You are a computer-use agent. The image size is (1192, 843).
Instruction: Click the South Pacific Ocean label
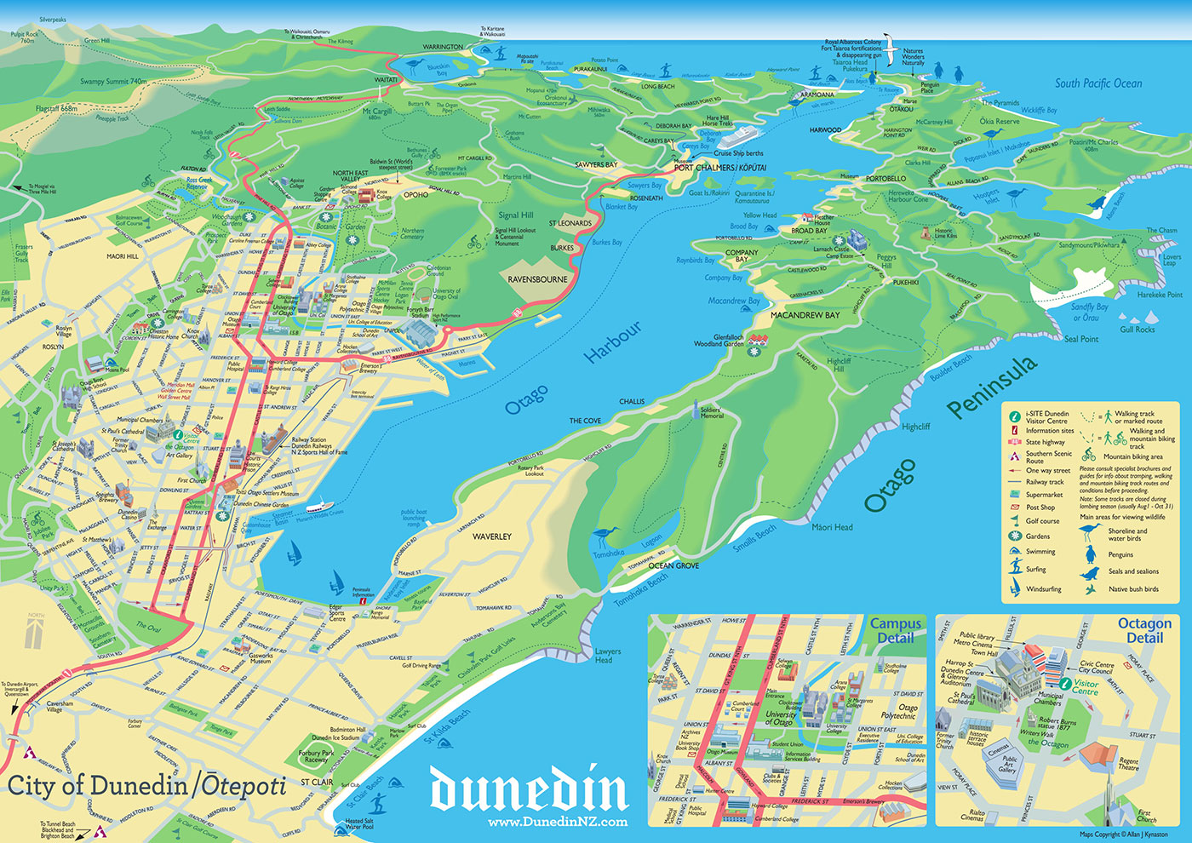click(1098, 83)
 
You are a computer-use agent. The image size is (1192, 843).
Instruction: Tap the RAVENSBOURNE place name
click(537, 279)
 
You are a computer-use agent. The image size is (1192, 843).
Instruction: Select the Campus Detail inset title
click(895, 631)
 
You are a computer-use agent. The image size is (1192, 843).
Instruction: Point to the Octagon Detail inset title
click(1143, 631)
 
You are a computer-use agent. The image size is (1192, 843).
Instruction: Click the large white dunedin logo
click(529, 790)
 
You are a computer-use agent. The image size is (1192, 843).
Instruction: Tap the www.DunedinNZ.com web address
click(558, 823)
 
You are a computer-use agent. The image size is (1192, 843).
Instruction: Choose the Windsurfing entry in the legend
click(1043, 589)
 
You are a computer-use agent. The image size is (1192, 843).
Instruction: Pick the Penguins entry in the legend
click(1120, 555)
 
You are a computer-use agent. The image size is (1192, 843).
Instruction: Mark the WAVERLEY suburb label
click(492, 536)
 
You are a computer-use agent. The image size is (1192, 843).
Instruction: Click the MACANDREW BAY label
click(805, 315)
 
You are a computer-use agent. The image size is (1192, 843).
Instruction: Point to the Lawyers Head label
click(608, 656)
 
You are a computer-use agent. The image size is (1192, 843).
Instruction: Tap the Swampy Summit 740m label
click(113, 82)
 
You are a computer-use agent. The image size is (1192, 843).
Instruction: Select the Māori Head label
click(832, 527)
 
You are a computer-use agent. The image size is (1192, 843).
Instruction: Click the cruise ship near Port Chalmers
click(739, 135)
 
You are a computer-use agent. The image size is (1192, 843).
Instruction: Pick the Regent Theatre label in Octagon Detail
click(1128, 764)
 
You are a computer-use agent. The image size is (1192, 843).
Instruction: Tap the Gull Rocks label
click(1138, 330)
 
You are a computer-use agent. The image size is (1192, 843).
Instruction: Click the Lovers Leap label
click(1172, 260)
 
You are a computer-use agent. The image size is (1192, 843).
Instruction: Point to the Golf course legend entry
click(1042, 521)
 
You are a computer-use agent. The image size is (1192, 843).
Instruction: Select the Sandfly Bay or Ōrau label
click(1089, 312)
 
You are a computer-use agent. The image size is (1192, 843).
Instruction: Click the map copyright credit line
click(1123, 834)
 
